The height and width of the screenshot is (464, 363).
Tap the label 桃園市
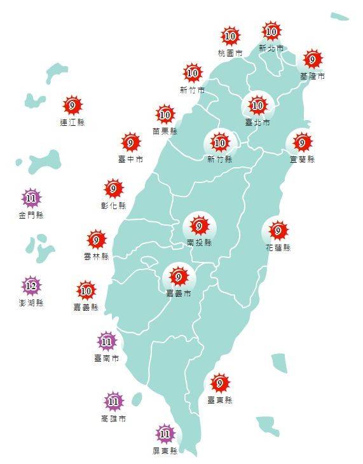tap(229, 54)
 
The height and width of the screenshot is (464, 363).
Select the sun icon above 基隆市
tap(312, 60)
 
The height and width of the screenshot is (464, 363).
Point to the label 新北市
tap(271, 48)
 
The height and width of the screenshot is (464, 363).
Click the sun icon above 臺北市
tap(257, 105)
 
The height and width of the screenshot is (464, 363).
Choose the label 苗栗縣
tap(165, 131)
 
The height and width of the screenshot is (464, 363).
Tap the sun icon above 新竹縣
tap(220, 141)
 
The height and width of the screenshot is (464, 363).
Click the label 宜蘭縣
tap(302, 159)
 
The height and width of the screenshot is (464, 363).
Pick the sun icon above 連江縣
tap(72, 106)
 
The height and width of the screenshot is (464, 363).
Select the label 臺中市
tap(130, 159)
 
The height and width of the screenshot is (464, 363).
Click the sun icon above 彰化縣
tap(113, 189)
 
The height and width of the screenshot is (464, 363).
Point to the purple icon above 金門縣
tap(31, 198)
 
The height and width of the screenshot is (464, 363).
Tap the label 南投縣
tap(199, 243)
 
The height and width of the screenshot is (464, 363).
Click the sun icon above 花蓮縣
tap(278, 229)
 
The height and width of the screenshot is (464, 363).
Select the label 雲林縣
tap(96, 257)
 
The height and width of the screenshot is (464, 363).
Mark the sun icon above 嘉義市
tap(178, 277)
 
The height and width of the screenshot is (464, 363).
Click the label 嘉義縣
tap(86, 308)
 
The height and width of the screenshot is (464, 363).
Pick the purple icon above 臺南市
tap(106, 342)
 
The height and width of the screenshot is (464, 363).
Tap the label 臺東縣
tap(220, 400)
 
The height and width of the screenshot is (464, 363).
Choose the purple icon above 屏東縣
tap(165, 434)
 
